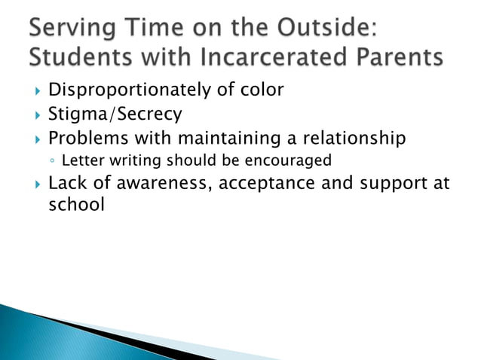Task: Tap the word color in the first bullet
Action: tap(260, 90)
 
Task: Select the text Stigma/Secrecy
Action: tap(115, 115)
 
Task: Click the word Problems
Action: tap(90, 139)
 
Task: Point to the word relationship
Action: tap(355, 139)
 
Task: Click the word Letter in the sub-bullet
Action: tap(78, 160)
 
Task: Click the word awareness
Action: tap(167, 184)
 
